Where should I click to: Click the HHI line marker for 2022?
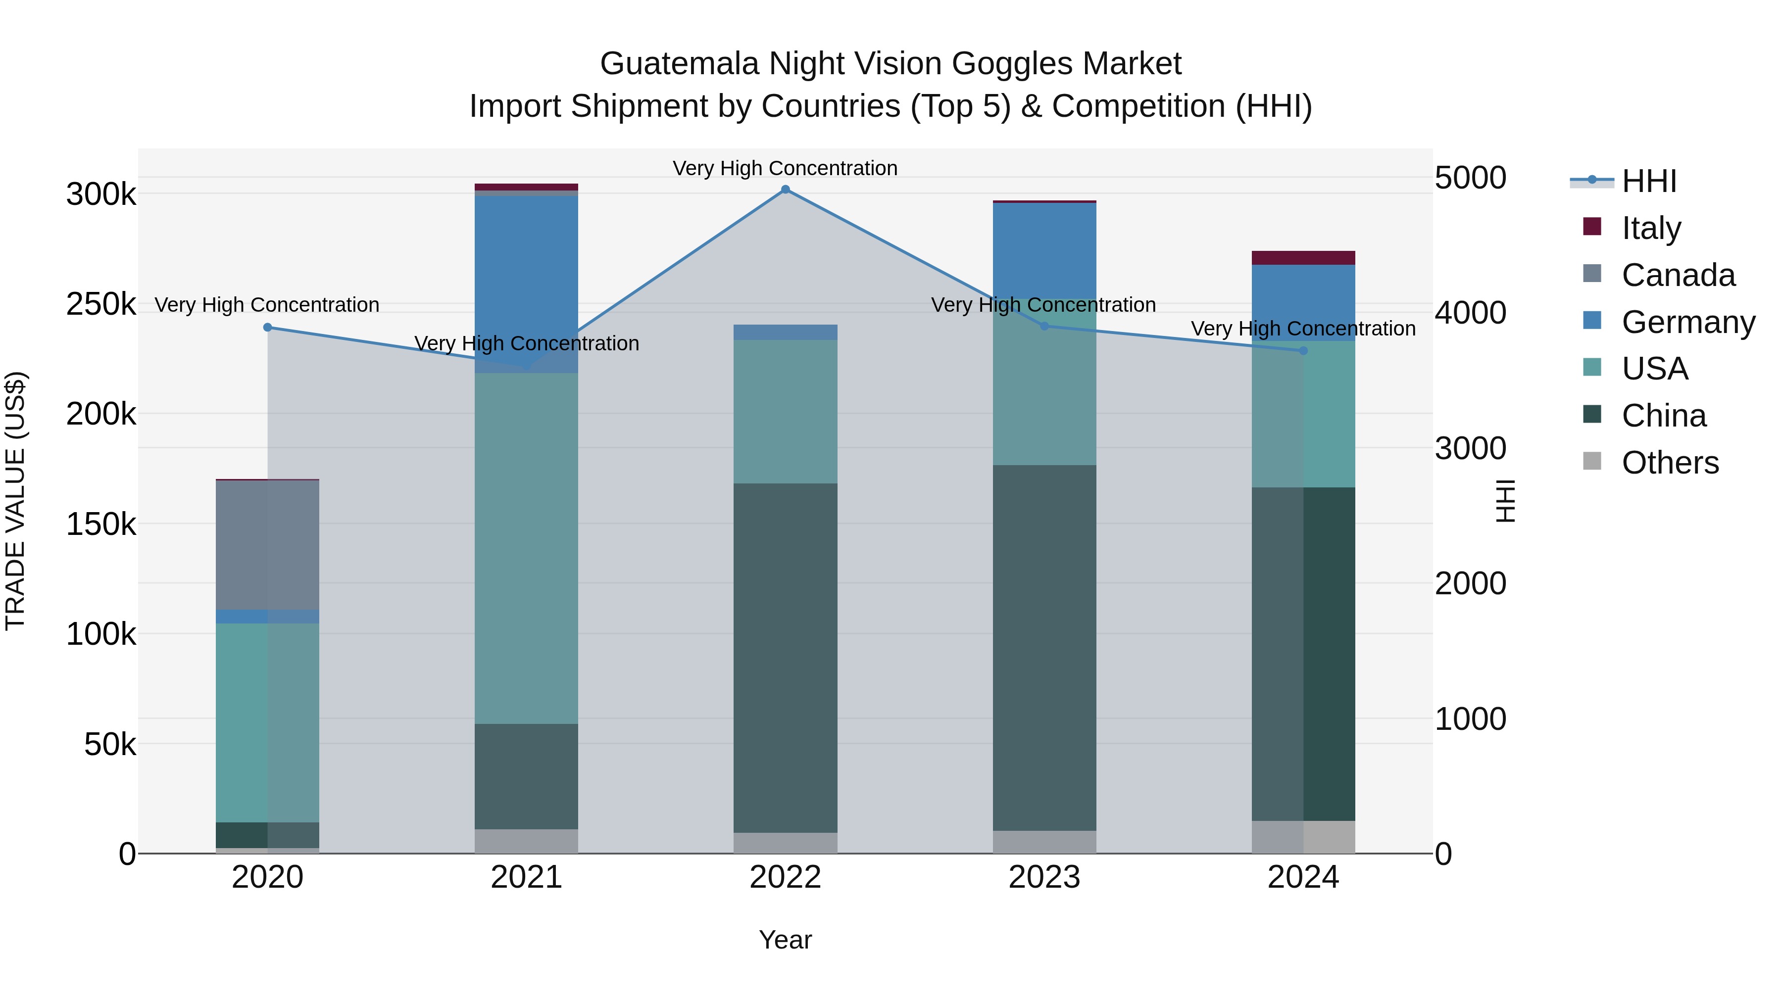785,190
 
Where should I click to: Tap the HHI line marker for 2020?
268,327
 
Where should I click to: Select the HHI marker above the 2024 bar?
1303,351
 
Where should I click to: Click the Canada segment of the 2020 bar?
268,545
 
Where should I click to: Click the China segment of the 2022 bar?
785,657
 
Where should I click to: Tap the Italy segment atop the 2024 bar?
1303,258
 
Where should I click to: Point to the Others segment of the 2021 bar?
527,841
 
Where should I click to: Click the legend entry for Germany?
1688,322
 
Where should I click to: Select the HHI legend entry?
1648,181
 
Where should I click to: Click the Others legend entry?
1669,463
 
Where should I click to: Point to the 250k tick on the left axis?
101,304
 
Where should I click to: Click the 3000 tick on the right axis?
1470,448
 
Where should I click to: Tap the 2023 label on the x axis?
1044,877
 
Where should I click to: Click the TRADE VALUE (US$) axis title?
16,501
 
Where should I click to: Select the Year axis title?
785,940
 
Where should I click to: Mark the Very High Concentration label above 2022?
785,168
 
